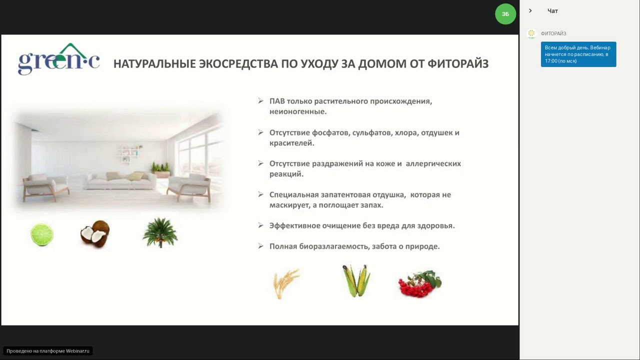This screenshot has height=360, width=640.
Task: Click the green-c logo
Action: click(58, 60)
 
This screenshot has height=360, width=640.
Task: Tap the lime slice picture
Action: click(42, 234)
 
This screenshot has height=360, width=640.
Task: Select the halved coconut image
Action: click(94, 233)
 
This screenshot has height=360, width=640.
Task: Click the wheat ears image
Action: click(286, 283)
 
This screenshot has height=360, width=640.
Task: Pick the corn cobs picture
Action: click(356, 280)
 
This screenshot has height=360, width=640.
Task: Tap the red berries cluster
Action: click(420, 283)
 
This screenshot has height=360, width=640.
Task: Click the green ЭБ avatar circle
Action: click(505, 14)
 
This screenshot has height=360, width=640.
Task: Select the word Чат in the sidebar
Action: click(552, 11)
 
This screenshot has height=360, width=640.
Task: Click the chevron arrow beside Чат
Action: click(530, 11)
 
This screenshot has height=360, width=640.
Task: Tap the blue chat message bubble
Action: click(578, 54)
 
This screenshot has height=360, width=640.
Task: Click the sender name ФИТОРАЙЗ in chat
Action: click(553, 33)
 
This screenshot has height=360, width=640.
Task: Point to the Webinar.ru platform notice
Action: click(48, 351)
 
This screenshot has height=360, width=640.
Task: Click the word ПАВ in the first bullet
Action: click(277, 101)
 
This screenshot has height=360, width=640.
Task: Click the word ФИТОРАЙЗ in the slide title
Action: click(457, 63)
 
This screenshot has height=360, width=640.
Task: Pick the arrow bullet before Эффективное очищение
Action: click(260, 225)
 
